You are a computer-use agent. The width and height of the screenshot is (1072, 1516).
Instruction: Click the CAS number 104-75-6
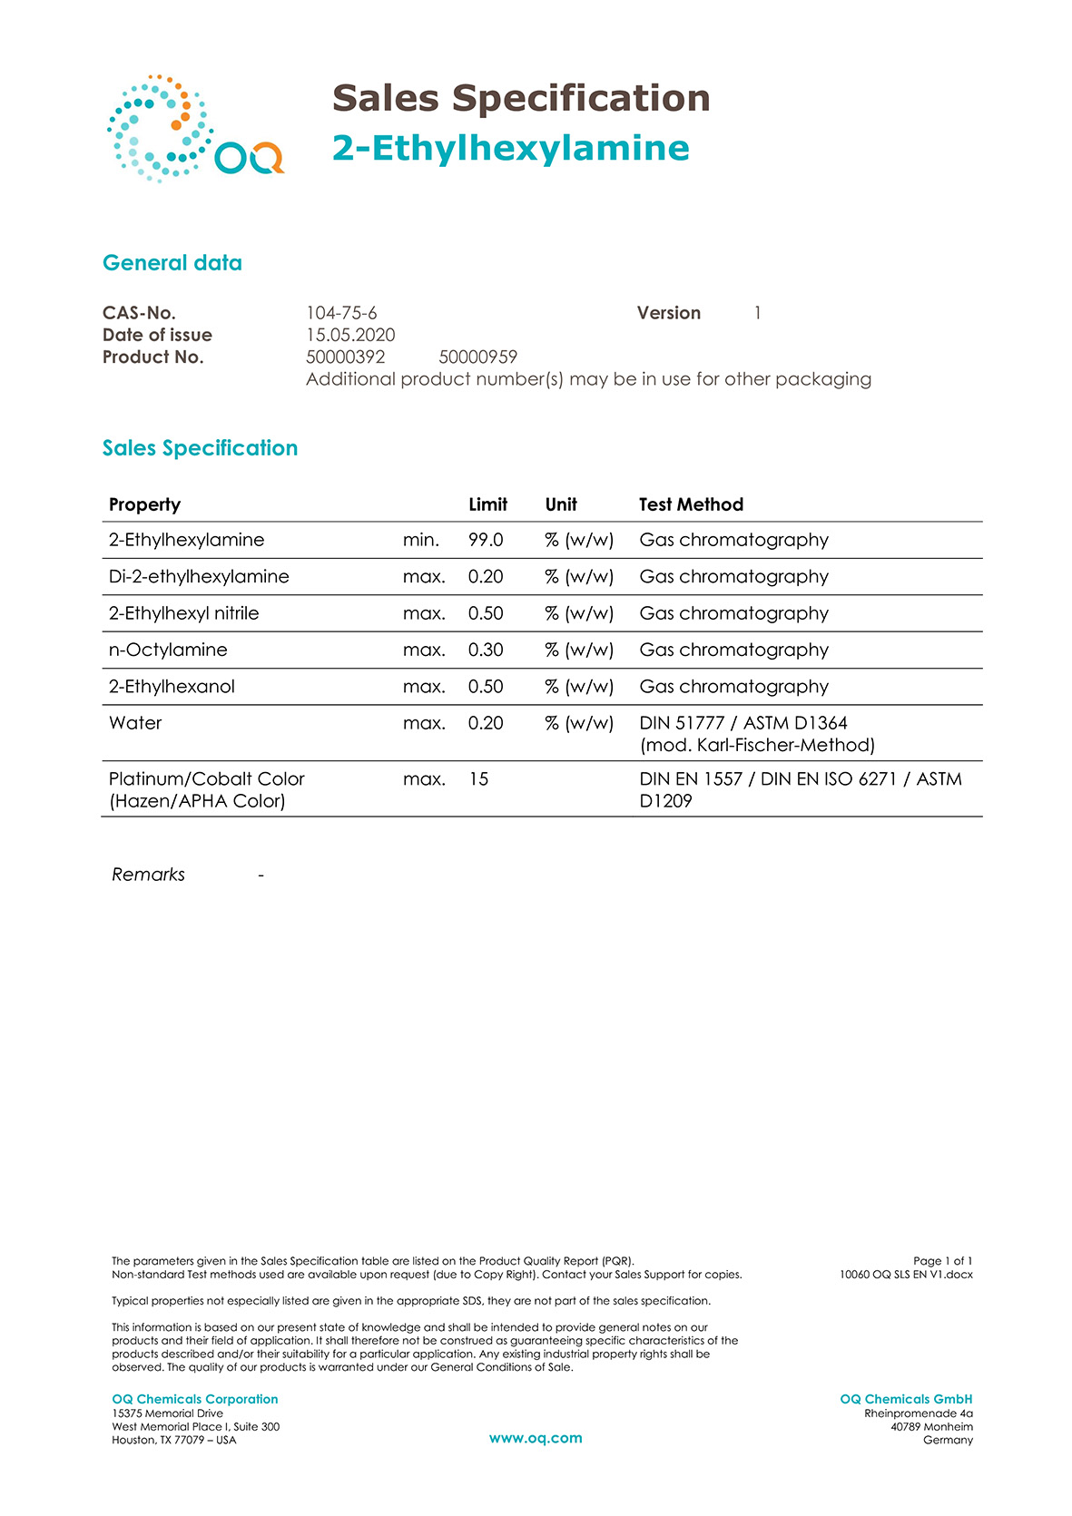click(x=341, y=313)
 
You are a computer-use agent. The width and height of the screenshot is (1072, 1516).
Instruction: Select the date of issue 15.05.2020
click(x=350, y=335)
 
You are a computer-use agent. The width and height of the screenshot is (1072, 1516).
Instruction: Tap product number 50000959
click(x=477, y=357)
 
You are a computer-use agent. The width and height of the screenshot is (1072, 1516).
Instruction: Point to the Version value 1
click(x=757, y=313)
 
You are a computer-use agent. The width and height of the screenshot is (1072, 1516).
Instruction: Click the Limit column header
click(x=487, y=504)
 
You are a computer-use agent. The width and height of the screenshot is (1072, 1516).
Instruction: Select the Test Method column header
click(x=691, y=504)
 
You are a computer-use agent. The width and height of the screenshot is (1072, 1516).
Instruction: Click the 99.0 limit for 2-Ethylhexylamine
click(x=486, y=540)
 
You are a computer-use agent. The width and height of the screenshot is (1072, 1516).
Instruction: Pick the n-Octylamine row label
click(x=168, y=650)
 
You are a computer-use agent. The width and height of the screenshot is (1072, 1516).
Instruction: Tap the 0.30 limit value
click(x=486, y=650)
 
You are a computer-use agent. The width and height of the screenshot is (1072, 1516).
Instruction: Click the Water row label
click(x=135, y=723)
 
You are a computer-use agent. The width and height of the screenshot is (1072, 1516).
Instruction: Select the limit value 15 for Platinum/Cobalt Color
click(x=478, y=778)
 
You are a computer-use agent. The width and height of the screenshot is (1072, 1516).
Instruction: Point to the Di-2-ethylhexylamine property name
click(x=199, y=576)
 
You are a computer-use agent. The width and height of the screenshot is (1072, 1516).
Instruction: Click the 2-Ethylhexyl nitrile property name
click(x=183, y=613)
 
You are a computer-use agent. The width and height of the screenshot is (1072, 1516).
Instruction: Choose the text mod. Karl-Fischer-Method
click(x=757, y=745)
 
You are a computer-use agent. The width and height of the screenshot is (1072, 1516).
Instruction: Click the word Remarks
click(x=148, y=875)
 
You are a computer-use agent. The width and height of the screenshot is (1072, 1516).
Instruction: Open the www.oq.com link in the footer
click(x=536, y=1438)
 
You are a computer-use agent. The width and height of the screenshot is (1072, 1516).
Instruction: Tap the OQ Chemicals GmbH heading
click(x=906, y=1399)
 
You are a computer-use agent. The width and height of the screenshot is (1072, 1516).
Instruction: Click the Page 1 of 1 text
click(x=942, y=1261)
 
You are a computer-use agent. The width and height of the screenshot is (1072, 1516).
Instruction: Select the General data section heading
click(x=172, y=263)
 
